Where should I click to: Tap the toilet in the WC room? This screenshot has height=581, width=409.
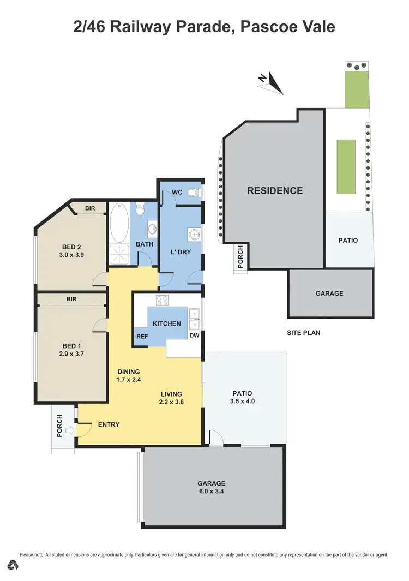[192, 193]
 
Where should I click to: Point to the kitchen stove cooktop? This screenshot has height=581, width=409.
[162, 300]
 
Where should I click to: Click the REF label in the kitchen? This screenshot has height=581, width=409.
[142, 337]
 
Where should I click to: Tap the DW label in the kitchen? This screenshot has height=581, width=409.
[194, 337]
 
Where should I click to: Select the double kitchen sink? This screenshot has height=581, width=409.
[194, 319]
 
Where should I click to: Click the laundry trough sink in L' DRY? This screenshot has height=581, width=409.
[195, 235]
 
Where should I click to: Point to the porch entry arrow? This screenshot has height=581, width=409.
[69, 430]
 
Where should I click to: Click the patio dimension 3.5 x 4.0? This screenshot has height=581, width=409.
[243, 401]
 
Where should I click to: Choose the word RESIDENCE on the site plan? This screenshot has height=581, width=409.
[275, 191]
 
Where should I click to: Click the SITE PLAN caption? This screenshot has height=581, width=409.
[303, 332]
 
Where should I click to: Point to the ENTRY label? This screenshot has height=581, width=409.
[109, 424]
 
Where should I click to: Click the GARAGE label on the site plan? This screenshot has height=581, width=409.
[329, 293]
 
